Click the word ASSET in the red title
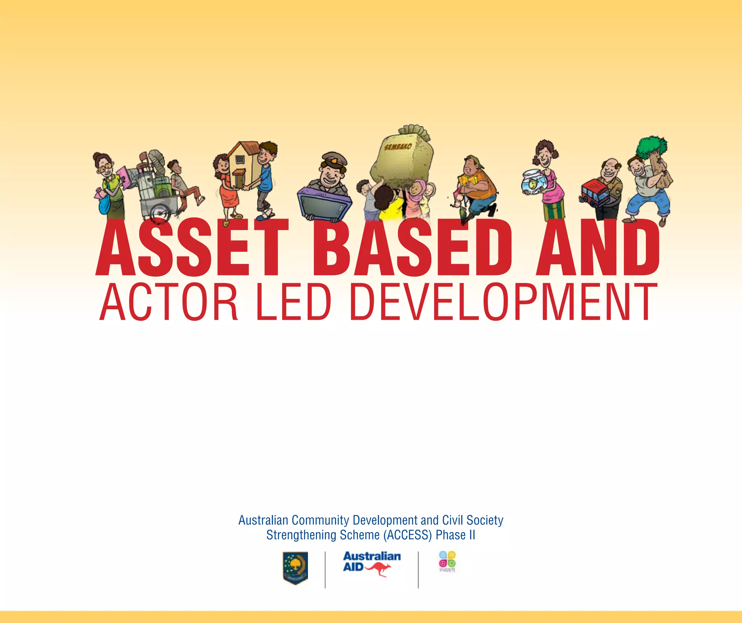(192, 248)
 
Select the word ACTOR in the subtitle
(168, 302)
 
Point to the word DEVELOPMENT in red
(504, 302)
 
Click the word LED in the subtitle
(293, 302)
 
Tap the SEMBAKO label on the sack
(398, 147)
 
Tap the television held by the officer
(324, 205)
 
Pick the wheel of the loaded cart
(160, 214)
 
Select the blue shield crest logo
(295, 568)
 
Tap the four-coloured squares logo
(447, 560)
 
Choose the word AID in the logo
(353, 567)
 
